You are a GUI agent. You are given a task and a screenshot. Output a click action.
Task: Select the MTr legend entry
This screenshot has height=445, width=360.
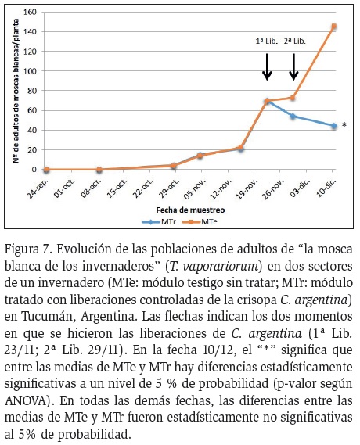159,222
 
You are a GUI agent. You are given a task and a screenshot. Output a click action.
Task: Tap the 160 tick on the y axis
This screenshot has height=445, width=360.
31,12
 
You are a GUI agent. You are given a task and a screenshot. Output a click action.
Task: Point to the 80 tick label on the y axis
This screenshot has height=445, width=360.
33,91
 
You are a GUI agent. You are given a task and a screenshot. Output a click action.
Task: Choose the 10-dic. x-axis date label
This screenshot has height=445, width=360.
326,188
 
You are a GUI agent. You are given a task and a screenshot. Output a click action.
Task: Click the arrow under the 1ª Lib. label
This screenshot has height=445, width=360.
267,66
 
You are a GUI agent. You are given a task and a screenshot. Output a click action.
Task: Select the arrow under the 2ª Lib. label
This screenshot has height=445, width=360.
293,66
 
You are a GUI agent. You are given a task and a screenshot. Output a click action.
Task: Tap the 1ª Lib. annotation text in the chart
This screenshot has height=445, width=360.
267,41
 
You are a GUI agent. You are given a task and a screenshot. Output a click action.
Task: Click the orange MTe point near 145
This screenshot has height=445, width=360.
334,27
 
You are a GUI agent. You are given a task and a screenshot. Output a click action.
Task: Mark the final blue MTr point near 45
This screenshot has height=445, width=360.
334,126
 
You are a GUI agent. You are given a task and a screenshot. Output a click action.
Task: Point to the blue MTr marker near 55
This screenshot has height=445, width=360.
293,116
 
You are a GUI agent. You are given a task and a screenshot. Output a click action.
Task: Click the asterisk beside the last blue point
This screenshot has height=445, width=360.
344,125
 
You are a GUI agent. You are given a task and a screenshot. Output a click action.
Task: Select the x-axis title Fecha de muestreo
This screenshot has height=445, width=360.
190,210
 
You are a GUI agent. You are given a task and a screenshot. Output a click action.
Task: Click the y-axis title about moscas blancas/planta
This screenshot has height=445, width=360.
16,91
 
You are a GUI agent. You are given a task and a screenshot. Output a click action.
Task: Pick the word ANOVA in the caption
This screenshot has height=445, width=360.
26,400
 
